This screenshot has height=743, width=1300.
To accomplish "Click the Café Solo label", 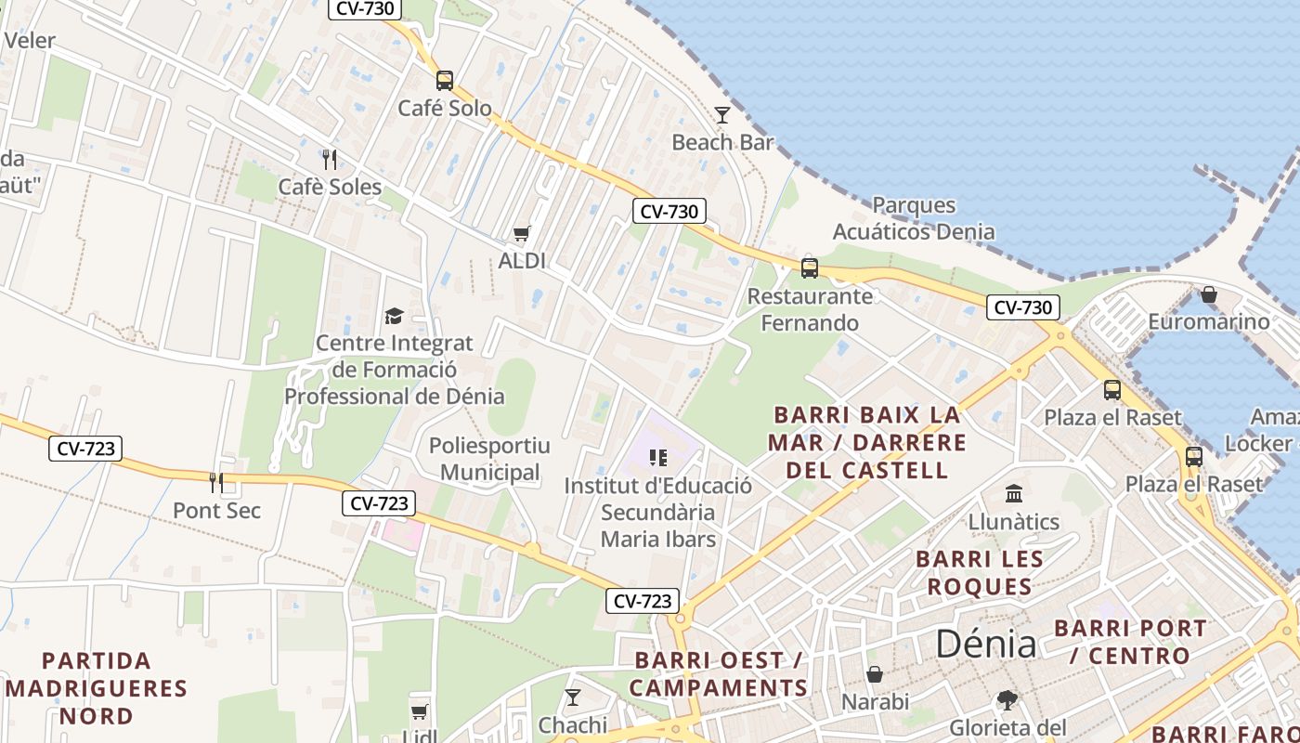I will (x=445, y=108).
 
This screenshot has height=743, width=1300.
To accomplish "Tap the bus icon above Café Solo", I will (x=445, y=81).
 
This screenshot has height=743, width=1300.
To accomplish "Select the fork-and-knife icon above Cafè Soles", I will (x=329, y=159).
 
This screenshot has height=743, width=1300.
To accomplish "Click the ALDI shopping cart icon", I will (x=522, y=233).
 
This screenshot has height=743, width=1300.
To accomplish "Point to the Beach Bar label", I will (x=722, y=142).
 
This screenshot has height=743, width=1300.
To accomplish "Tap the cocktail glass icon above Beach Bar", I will (x=722, y=114).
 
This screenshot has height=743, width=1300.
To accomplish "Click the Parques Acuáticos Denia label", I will (x=914, y=218).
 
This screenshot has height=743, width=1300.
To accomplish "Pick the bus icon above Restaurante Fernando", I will (x=810, y=268).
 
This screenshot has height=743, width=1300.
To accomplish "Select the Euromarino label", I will (x=1208, y=321).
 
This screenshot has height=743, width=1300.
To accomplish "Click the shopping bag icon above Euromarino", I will (x=1209, y=294).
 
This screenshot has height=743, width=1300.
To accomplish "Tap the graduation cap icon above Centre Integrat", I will (x=395, y=317).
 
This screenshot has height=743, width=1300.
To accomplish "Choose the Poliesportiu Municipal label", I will (x=489, y=459).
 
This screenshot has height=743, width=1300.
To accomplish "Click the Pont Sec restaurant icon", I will (x=216, y=482).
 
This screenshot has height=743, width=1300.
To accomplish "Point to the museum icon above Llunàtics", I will (x=1014, y=493).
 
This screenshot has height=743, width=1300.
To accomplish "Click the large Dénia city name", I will (x=985, y=643).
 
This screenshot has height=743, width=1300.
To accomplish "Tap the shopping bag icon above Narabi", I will (x=875, y=673).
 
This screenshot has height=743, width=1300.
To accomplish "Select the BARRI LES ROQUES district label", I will (x=980, y=573).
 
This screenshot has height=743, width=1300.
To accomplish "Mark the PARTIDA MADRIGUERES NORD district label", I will (x=97, y=688).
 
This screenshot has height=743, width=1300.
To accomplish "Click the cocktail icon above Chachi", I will (x=573, y=697).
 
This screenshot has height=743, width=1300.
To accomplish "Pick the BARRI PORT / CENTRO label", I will (x=1130, y=642).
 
